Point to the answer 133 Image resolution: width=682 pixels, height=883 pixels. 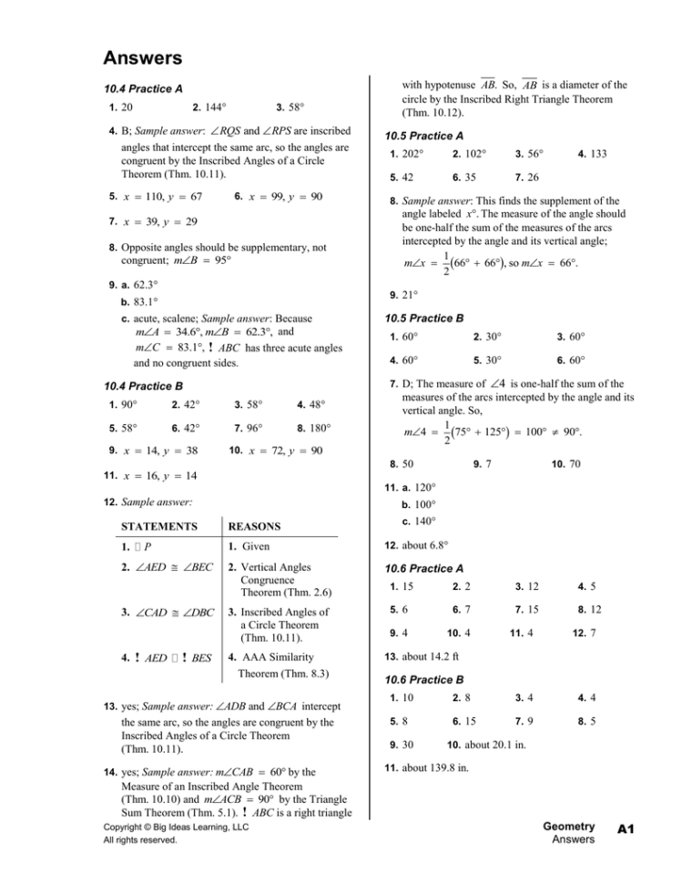pos(595,156)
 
